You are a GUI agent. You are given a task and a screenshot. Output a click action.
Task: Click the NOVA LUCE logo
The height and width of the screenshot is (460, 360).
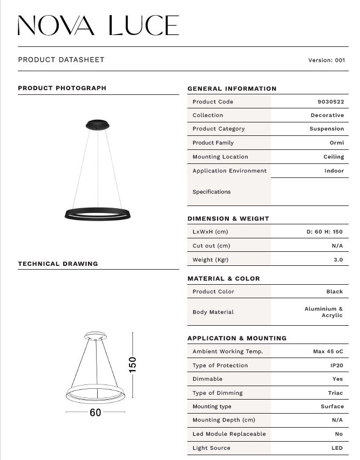98,26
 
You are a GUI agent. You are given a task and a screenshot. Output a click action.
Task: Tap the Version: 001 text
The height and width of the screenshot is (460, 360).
326,60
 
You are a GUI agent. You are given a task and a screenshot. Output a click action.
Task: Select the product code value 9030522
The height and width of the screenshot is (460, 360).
330,102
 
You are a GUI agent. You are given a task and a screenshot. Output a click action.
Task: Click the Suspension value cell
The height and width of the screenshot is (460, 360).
327,129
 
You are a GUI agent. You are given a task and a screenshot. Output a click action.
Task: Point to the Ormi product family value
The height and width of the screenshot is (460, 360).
336,143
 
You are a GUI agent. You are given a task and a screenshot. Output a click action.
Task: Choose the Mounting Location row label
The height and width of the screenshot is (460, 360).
220,157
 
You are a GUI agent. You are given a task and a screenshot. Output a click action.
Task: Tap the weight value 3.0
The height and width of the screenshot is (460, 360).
338,259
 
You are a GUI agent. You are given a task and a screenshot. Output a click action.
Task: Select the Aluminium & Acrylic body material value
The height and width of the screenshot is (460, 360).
324,312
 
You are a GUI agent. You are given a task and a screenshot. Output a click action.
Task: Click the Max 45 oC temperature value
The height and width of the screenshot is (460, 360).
328,352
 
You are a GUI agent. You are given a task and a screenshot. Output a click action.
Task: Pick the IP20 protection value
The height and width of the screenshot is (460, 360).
337,366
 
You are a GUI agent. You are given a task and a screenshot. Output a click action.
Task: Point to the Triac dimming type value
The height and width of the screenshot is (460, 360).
335,393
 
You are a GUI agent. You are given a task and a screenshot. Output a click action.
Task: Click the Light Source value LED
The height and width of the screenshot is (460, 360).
337,448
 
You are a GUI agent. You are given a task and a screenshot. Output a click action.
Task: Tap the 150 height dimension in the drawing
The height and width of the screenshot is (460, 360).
133,364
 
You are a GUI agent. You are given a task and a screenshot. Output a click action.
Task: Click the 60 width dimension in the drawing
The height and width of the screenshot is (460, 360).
95,413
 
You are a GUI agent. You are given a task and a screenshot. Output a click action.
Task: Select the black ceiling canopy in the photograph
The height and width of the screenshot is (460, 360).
97,125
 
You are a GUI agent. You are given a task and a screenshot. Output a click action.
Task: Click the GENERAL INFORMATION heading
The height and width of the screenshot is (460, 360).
232,88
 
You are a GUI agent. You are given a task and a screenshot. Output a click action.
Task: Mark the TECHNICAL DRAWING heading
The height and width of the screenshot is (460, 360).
58,264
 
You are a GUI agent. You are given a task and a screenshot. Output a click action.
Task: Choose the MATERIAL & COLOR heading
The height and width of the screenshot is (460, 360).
223,279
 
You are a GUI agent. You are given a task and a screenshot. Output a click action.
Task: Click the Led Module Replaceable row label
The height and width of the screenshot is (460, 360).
229,434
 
